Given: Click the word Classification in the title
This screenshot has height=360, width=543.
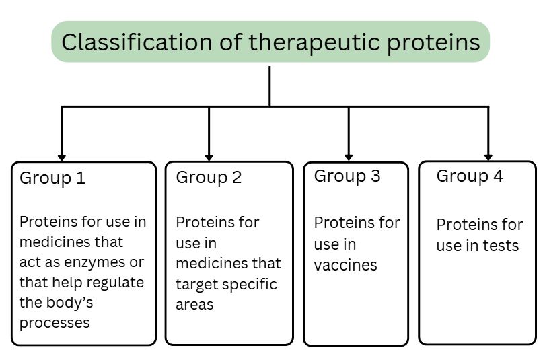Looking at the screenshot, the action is click(137, 42).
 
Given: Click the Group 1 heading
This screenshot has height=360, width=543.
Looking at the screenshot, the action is click(52, 178).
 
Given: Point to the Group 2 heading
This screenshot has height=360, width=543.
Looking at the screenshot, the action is click(209, 178).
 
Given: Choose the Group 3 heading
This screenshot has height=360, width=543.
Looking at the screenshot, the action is click(347, 176).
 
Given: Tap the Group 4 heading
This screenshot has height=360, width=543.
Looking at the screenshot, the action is click(470, 176).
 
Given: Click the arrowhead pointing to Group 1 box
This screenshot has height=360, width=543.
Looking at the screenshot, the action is click(62, 158).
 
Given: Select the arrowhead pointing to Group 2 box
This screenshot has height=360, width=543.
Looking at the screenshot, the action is click(209, 158).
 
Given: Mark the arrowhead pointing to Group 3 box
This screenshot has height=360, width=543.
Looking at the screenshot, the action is click(349, 157).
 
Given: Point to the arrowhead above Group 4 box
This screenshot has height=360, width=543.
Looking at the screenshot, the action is click(488, 157).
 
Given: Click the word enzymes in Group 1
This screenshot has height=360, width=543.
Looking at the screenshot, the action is click(95, 262).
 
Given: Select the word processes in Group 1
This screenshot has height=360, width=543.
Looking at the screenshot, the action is click(55, 323).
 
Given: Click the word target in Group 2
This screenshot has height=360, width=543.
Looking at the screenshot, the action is click(196, 285).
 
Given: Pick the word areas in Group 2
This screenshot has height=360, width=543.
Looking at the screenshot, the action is click(194, 305).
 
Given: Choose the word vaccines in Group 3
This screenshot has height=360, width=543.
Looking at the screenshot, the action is click(345, 266).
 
